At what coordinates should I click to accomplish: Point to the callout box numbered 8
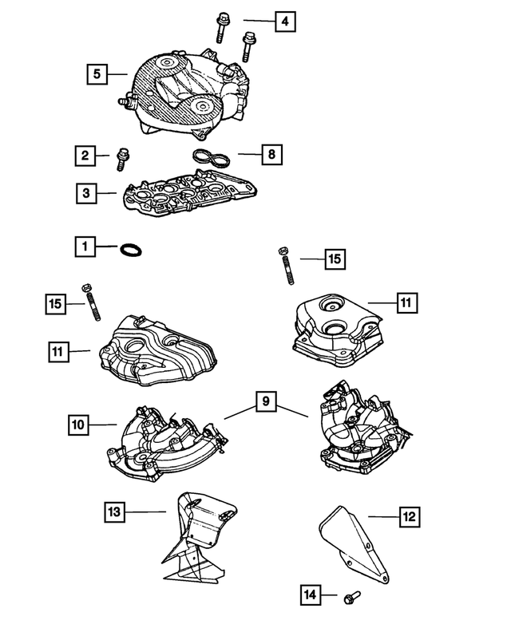coord(271,153)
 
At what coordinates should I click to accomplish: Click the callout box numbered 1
coord(85,247)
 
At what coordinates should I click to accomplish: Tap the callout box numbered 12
coord(409,517)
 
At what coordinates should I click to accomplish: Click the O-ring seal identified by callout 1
coord(130,251)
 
